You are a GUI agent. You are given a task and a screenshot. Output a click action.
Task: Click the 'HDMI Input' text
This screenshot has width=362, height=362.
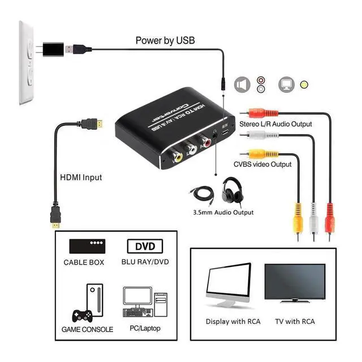pos(81,177)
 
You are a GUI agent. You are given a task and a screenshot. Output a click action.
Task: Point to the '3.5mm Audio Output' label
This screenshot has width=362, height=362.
pos(223,212)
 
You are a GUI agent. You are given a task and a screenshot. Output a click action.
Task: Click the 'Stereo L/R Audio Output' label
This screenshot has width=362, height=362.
pos(275,124)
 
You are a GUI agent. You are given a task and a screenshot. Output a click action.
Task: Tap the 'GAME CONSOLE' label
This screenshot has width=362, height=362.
pos(87,329)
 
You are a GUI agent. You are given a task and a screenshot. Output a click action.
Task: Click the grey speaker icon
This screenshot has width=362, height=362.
pos(242,85)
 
